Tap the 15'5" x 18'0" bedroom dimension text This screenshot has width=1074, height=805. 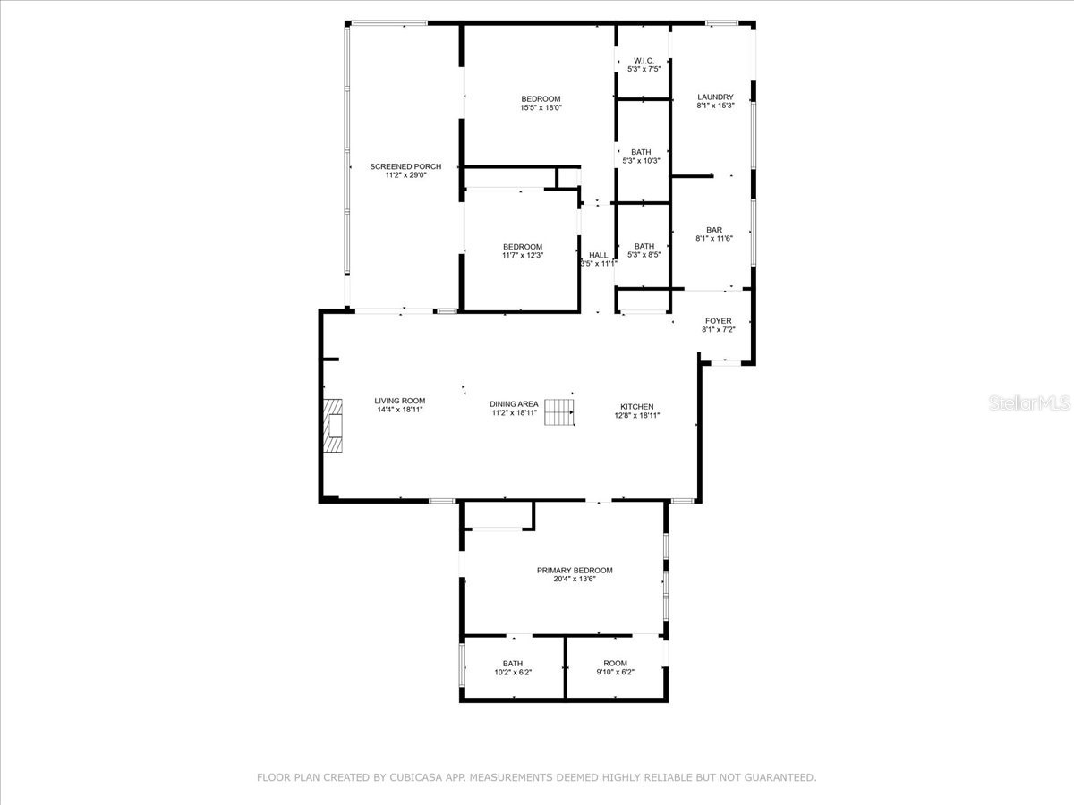click(541, 108)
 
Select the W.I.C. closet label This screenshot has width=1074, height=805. click(644, 60)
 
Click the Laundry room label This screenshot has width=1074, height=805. click(715, 97)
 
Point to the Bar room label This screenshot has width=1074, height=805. click(714, 230)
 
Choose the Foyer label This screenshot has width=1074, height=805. click(718, 321)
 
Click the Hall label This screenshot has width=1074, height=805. click(598, 255)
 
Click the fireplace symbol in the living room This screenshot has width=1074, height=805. click(334, 427)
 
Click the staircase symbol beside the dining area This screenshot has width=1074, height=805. click(559, 412)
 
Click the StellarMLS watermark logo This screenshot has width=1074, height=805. click(1028, 404)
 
